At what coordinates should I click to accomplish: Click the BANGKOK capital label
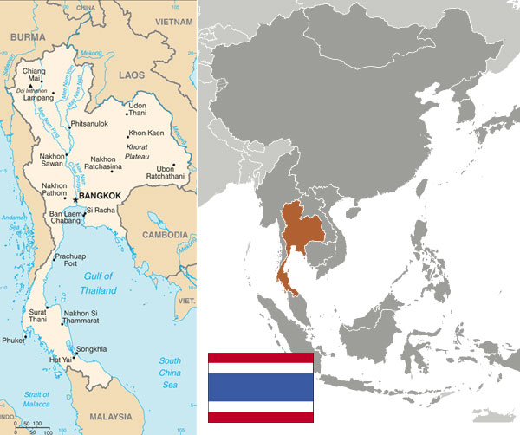[102, 198]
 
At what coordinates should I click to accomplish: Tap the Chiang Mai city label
[32, 72]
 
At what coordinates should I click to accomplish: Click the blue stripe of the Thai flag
[260, 386]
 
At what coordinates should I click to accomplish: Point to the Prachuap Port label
[72, 262]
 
